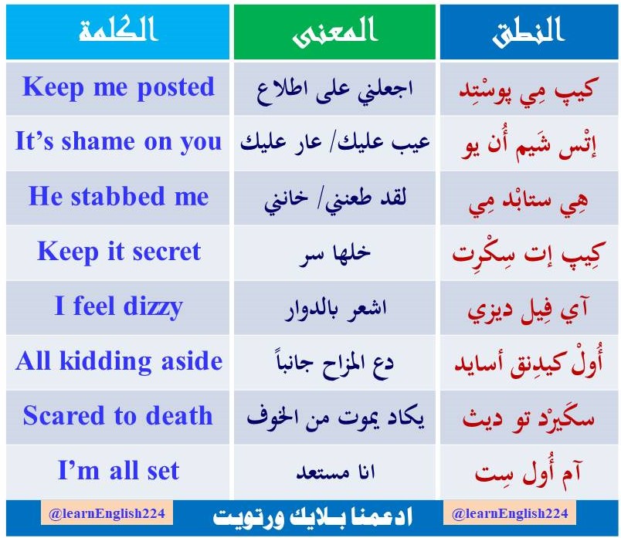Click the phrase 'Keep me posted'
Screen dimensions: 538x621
pyautogui.click(x=118, y=86)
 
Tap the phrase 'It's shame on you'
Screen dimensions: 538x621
pyautogui.click(x=118, y=141)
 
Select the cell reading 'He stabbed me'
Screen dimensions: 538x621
pyautogui.click(x=118, y=196)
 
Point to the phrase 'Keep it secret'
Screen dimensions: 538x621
pyautogui.click(x=118, y=252)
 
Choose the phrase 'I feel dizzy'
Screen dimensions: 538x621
pyautogui.click(x=118, y=306)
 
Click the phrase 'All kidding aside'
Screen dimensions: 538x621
pyautogui.click(x=118, y=361)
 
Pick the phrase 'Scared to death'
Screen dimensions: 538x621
pyautogui.click(x=118, y=416)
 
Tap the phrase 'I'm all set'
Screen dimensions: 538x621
pyautogui.click(x=118, y=471)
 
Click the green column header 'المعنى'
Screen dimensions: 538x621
pyautogui.click(x=335, y=32)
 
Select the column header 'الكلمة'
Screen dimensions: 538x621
pyautogui.click(x=118, y=32)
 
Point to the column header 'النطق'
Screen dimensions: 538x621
pyautogui.click(x=528, y=32)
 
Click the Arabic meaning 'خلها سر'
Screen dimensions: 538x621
pyautogui.click(x=335, y=252)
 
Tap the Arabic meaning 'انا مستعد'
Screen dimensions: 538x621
pyautogui.click(x=335, y=472)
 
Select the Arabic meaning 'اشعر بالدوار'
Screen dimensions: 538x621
pyautogui.click(x=335, y=307)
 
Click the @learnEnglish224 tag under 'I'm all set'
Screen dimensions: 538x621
pyautogui.click(x=107, y=513)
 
